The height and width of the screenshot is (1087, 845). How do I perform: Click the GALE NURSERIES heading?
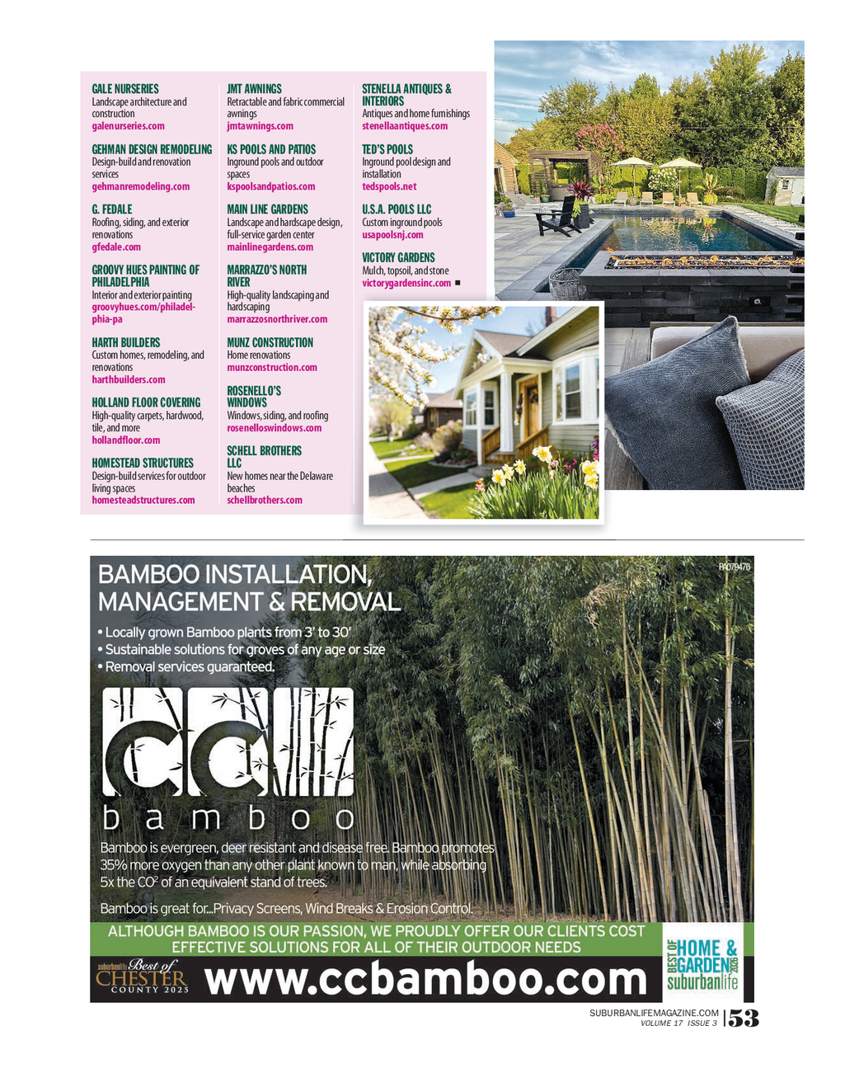tap(125, 89)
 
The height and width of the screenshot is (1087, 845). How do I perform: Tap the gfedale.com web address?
tap(116, 247)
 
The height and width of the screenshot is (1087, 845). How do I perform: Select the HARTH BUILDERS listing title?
tap(126, 342)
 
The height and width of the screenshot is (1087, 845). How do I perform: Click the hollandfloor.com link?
tap(126, 440)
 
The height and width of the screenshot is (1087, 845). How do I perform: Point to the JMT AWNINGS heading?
tap(254, 89)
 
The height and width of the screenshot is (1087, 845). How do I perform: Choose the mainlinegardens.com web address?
tap(270, 247)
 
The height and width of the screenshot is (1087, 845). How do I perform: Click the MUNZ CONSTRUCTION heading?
tap(270, 342)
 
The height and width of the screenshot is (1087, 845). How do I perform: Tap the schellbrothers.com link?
tap(265, 500)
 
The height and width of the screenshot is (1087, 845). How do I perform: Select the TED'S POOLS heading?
tap(387, 149)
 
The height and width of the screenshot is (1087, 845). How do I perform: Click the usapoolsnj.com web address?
tap(392, 235)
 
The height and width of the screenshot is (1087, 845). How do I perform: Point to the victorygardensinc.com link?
tap(406, 283)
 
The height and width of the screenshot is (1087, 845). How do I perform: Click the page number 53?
tap(743, 1019)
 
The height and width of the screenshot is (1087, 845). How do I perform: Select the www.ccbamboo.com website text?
tap(425, 980)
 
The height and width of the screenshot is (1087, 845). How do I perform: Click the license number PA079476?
tap(734, 567)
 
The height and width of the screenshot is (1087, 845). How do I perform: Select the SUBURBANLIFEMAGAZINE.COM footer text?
tap(654, 1013)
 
